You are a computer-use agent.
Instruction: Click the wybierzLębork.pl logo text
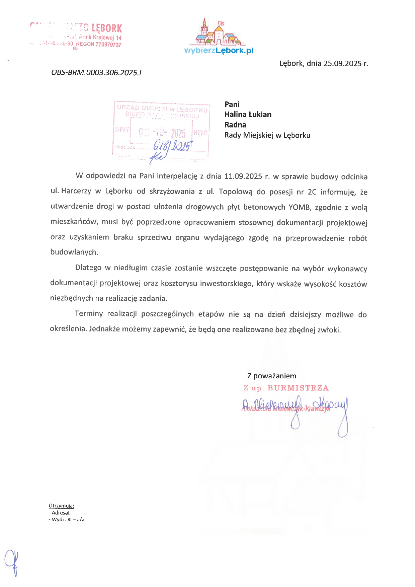219,51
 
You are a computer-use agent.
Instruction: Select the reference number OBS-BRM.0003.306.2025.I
96,73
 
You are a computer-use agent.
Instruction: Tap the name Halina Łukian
248,115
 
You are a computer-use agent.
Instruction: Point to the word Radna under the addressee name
235,125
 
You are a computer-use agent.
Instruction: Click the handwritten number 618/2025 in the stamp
172,145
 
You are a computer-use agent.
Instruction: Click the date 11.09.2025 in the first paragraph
243,176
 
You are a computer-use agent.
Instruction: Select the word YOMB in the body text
299,207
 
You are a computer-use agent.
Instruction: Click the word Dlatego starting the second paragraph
88,268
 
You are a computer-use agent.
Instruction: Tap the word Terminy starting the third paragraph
89,314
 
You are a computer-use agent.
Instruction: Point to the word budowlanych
74,252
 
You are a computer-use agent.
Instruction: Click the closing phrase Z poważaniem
272,376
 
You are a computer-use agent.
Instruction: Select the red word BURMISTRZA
298,388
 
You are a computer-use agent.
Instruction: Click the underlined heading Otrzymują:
61,506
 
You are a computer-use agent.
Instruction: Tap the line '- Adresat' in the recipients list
59,513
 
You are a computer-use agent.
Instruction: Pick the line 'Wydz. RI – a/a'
67,520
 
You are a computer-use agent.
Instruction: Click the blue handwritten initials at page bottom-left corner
12,563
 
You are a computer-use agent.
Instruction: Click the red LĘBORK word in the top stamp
107,28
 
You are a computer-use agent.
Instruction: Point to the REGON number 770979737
108,45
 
